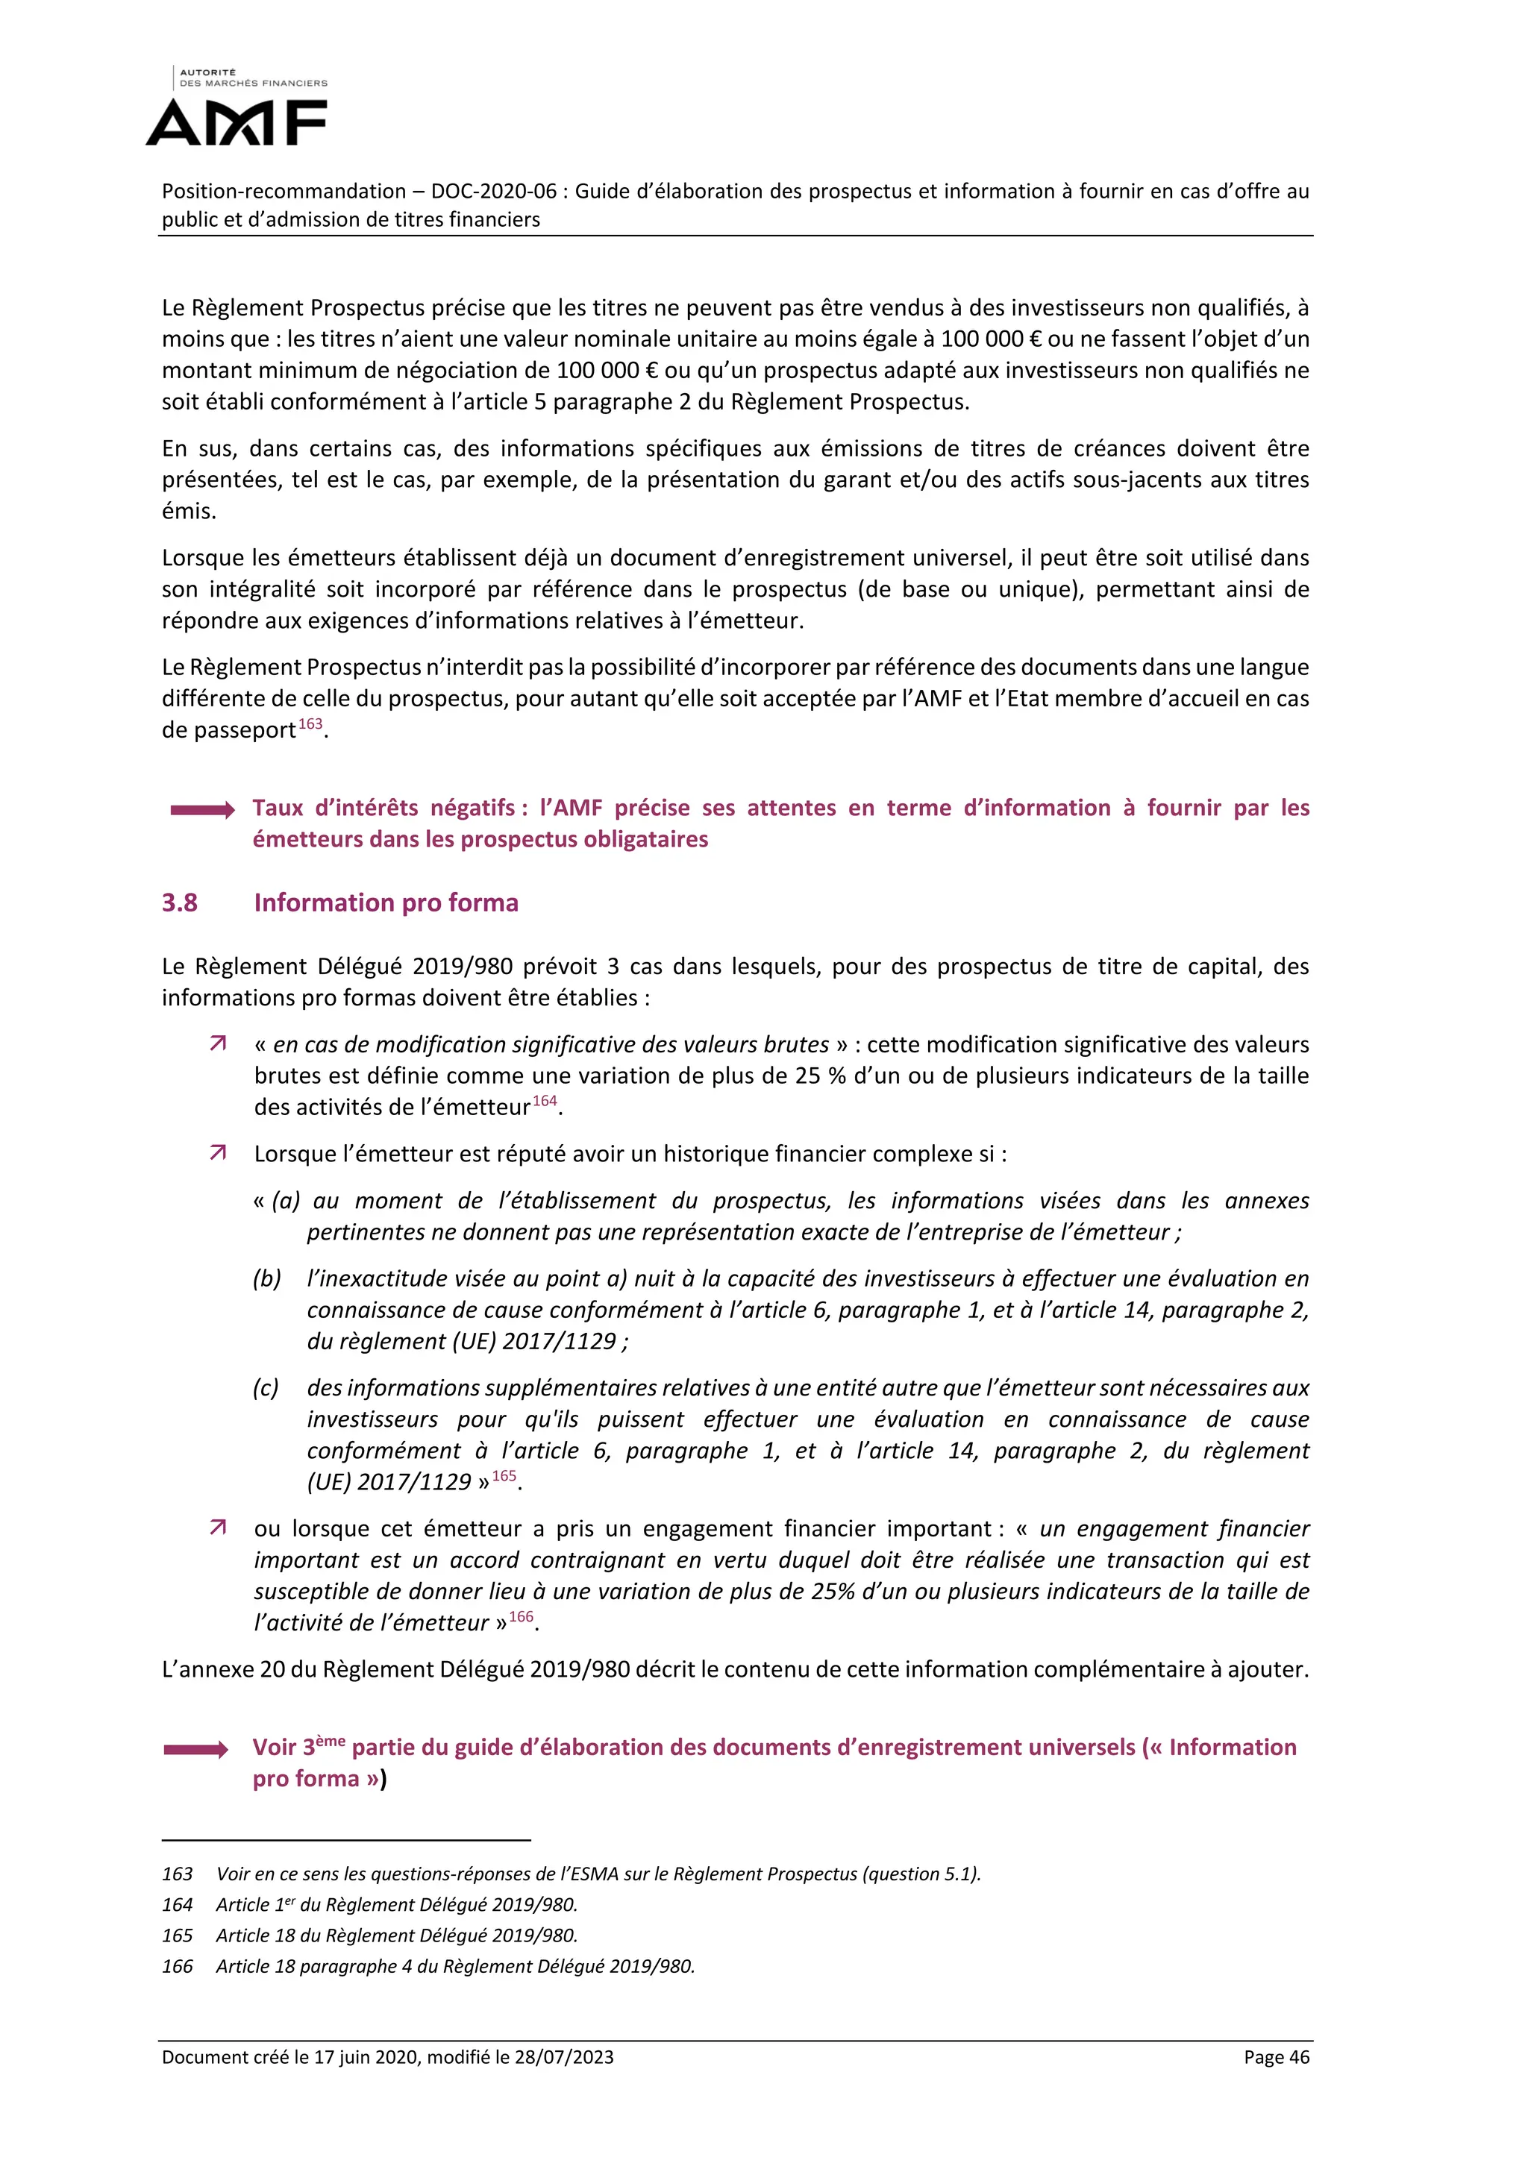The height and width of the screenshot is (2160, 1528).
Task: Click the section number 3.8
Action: (180, 902)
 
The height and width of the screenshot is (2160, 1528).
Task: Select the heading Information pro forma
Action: (386, 902)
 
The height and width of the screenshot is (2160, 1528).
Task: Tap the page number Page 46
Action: (1276, 2056)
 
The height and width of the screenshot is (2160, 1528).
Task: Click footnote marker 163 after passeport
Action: (310, 724)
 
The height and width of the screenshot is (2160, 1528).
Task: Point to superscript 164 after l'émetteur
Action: (545, 1101)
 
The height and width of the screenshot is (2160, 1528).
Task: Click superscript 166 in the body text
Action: (522, 1616)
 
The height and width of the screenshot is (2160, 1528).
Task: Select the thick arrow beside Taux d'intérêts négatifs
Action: (202, 810)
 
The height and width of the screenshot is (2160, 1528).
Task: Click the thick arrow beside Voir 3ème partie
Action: (195, 1749)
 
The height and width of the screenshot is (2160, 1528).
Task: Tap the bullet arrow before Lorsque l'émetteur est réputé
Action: (219, 1152)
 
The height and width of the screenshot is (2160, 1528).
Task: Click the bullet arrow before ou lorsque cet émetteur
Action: (219, 1527)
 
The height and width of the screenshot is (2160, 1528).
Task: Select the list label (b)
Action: (267, 1278)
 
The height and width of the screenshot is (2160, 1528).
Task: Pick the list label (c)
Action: (266, 1387)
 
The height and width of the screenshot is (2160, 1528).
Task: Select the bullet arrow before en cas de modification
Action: (219, 1043)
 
